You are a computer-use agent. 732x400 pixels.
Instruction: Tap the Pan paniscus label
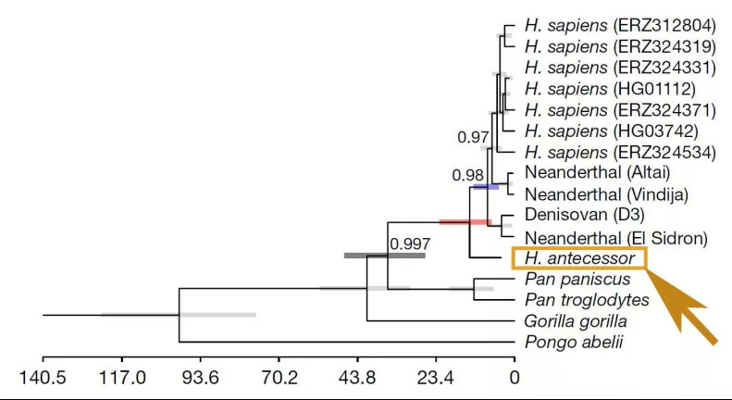point(577,279)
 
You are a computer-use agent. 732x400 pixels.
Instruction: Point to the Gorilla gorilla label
point(577,321)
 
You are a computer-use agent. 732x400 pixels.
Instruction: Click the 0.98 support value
point(467,174)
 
